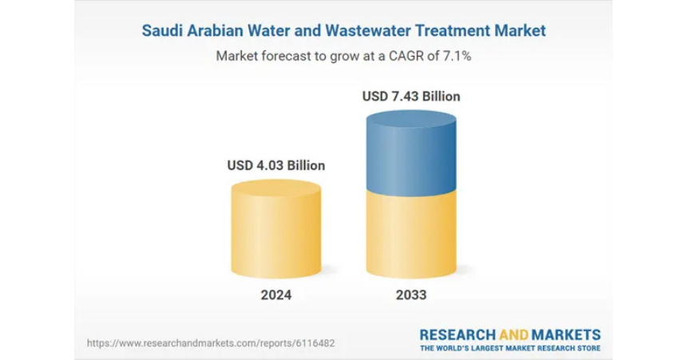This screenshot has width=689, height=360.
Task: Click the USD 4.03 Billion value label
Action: pos(276,166)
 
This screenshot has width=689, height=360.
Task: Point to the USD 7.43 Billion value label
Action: pos(411,97)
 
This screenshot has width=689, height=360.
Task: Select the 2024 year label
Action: pos(276,295)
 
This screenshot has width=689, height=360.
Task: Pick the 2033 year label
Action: pos(411,295)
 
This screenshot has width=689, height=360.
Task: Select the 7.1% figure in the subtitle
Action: pos(458,57)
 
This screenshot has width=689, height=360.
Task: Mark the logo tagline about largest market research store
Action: pos(511,349)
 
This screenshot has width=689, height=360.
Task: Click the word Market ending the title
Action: pos(522,31)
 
